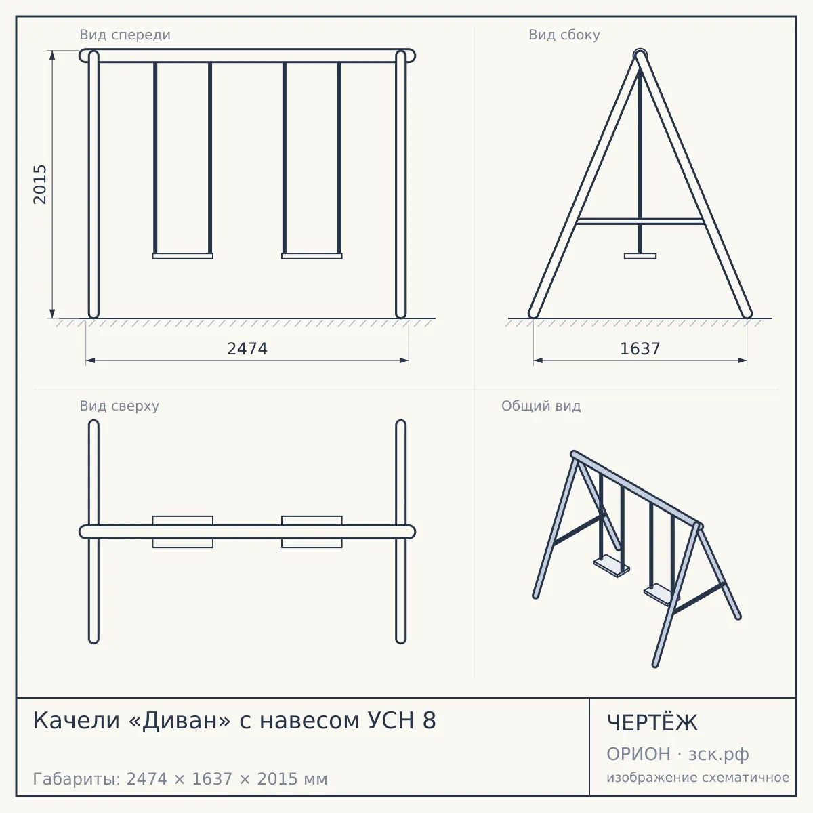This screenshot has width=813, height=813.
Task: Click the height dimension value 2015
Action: click(x=40, y=184)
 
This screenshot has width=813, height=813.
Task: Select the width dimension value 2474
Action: click(x=247, y=349)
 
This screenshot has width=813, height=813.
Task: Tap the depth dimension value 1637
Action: click(x=640, y=349)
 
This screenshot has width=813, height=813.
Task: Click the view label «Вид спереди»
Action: click(x=125, y=35)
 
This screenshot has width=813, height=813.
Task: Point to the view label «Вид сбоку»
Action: click(x=564, y=35)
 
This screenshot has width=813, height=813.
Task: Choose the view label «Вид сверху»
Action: click(x=119, y=406)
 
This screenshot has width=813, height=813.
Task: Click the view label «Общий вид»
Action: click(x=541, y=406)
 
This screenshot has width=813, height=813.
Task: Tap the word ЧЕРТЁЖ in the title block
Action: click(x=652, y=723)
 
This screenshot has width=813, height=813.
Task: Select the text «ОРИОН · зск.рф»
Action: click(x=677, y=754)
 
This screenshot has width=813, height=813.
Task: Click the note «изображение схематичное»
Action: click(x=698, y=777)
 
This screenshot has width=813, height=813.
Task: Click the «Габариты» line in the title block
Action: click(x=180, y=779)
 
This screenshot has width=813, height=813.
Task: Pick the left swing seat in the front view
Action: click(x=183, y=256)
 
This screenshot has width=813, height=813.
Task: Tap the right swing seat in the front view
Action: click(x=312, y=256)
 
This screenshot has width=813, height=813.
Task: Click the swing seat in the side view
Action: click(x=640, y=256)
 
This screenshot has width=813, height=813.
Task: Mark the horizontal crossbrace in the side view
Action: click(x=640, y=221)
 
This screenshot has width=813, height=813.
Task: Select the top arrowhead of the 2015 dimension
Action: click(x=52, y=55)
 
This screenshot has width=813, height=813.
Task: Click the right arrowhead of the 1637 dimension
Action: click(x=742, y=360)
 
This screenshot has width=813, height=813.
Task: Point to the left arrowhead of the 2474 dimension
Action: click(x=90, y=360)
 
